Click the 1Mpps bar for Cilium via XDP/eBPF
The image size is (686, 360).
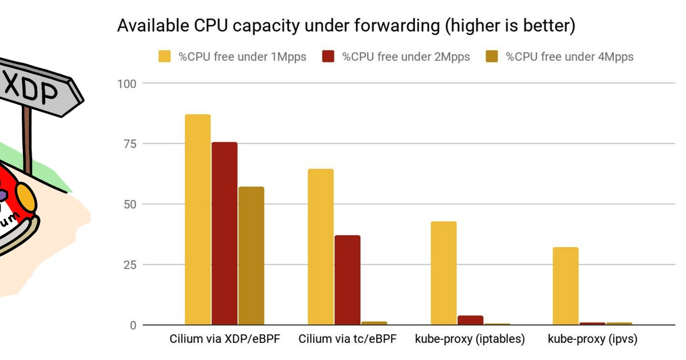click(197, 220)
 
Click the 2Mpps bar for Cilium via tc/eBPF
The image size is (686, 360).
click(347, 280)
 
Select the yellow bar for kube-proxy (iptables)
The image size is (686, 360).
click(444, 273)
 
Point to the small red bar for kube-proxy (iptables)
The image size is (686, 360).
click(470, 320)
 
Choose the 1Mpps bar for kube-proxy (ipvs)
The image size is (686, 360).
click(566, 286)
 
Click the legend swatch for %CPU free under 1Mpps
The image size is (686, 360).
click(164, 56)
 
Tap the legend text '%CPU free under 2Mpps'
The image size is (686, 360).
click(406, 56)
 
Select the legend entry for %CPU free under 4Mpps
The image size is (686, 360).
click(569, 56)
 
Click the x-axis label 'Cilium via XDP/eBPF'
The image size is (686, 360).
click(225, 339)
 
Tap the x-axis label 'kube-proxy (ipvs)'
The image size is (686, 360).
click(592, 339)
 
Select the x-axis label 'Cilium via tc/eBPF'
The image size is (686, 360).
click(347, 339)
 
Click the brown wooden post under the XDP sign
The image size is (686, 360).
click(26, 137)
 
